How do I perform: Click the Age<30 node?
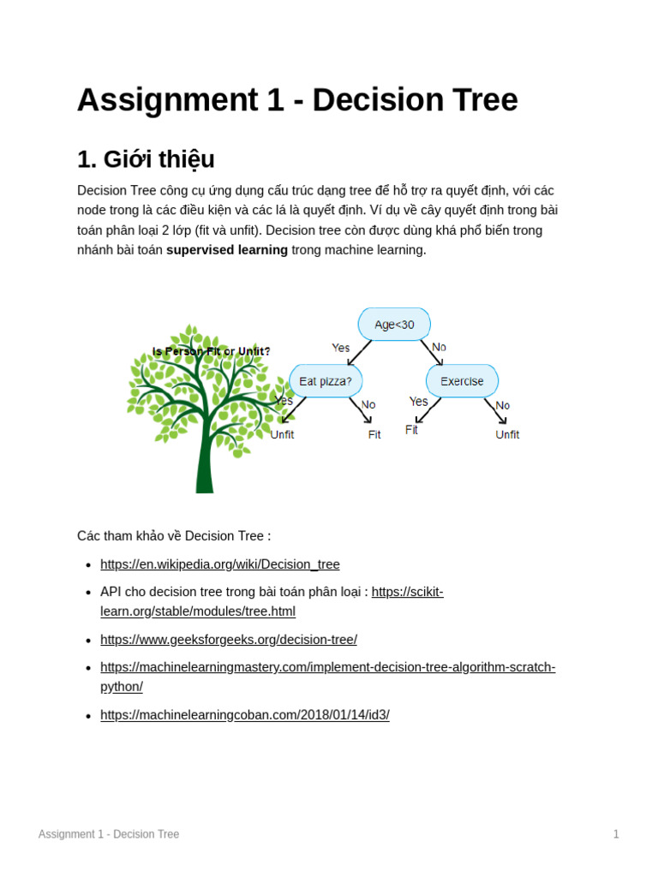(x=394, y=325)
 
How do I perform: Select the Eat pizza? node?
(x=326, y=381)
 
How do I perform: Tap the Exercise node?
(x=462, y=381)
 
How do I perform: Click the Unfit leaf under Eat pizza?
(x=282, y=434)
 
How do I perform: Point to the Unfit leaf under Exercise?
(x=507, y=434)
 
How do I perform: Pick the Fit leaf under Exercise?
(x=411, y=430)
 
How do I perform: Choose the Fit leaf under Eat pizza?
(x=374, y=434)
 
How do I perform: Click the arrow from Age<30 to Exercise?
(x=431, y=353)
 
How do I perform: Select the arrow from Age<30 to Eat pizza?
(x=360, y=353)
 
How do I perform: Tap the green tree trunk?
(x=204, y=462)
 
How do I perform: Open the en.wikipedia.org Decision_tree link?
(x=220, y=564)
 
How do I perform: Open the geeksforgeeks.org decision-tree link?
(x=229, y=640)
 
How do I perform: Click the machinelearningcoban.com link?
(x=245, y=715)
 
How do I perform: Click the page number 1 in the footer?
(x=616, y=834)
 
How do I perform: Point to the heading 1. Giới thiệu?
(x=146, y=159)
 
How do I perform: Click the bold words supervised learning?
(x=227, y=250)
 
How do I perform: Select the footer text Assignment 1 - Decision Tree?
(x=109, y=834)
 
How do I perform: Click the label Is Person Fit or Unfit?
(x=212, y=351)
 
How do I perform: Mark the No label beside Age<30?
(x=439, y=347)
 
